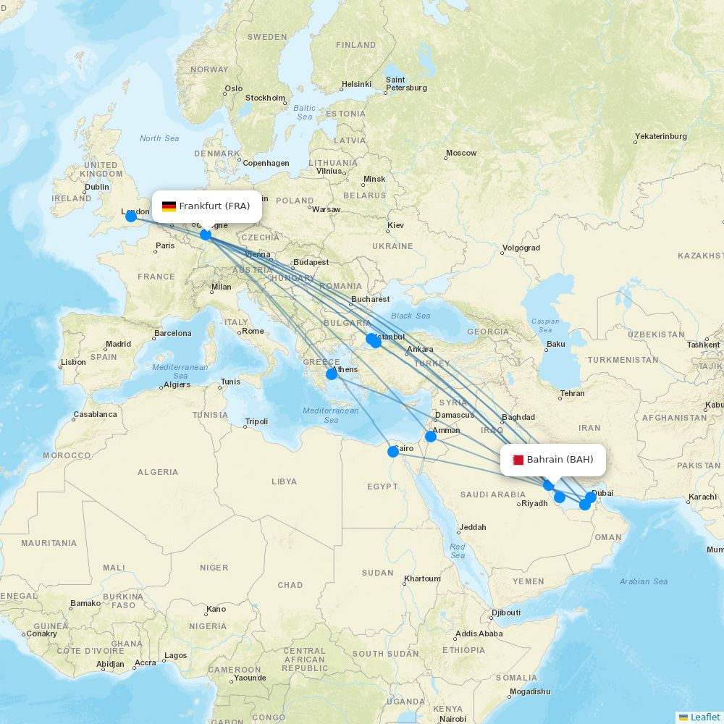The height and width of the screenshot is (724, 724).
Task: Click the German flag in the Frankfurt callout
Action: click(x=169, y=206)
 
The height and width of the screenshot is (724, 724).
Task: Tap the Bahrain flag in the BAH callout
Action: click(x=518, y=460)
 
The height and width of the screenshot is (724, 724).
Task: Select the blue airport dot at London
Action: click(x=131, y=216)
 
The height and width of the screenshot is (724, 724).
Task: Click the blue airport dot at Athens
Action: click(x=332, y=374)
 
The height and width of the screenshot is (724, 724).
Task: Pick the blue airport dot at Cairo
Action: click(x=393, y=452)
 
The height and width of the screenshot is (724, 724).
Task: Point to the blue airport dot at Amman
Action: click(x=431, y=437)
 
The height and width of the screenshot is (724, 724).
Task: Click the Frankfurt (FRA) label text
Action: click(x=214, y=206)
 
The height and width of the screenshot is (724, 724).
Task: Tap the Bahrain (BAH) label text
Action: click(x=560, y=460)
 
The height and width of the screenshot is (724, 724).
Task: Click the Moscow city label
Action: click(x=461, y=153)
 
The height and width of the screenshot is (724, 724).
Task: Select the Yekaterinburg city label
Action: click(x=660, y=136)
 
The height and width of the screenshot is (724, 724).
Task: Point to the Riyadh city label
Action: click(x=534, y=503)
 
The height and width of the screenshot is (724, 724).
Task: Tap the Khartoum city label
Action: click(x=422, y=578)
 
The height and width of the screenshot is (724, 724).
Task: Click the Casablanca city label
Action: click(x=95, y=415)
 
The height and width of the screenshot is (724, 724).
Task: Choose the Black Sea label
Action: click(x=411, y=316)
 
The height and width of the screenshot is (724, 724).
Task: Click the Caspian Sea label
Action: click(x=545, y=325)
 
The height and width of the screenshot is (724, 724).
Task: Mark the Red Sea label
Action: click(x=458, y=551)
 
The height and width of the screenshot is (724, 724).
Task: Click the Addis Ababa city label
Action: click(x=479, y=633)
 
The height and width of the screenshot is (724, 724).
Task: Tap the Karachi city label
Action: click(x=702, y=497)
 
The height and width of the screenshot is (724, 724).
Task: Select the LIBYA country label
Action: click(x=284, y=481)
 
